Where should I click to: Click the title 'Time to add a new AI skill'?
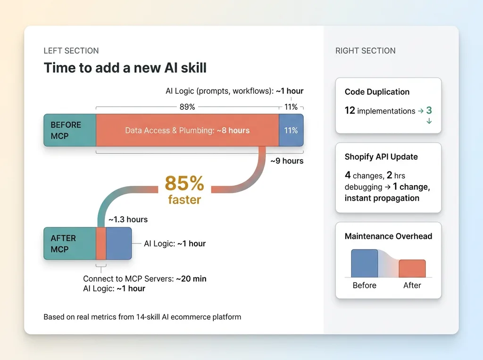click(125, 68)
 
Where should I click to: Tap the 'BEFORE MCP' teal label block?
click(70, 130)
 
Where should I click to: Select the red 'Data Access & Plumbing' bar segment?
click(187, 130)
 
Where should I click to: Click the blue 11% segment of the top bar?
click(291, 130)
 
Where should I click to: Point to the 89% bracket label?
click(187, 107)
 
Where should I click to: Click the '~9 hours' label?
click(287, 161)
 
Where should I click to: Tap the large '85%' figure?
click(184, 183)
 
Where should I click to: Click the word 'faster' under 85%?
click(184, 200)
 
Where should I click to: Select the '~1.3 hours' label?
click(128, 220)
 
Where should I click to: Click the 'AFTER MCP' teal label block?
click(70, 244)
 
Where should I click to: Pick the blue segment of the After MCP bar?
click(119, 244)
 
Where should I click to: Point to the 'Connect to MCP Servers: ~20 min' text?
click(145, 279)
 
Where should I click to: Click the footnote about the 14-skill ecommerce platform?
click(142, 317)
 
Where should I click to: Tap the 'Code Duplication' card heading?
click(377, 92)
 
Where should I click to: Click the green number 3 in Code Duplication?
click(429, 110)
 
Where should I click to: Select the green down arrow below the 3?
click(429, 121)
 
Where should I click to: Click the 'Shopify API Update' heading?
click(381, 156)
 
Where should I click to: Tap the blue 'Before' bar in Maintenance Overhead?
click(365, 263)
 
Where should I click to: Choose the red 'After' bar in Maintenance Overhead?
click(412, 269)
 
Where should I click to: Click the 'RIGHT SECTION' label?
click(366, 51)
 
